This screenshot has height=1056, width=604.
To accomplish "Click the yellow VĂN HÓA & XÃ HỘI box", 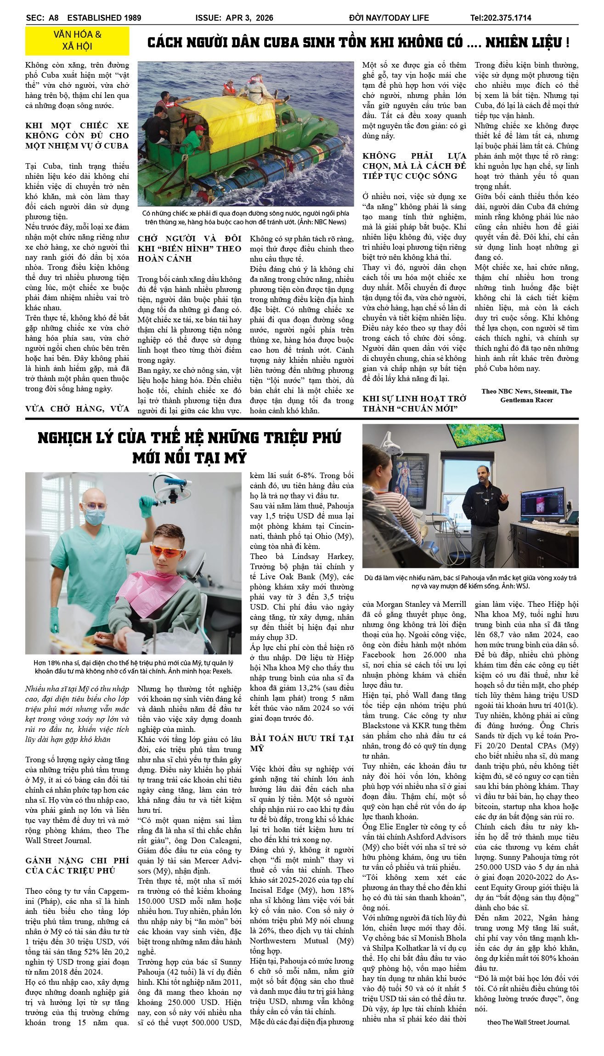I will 77,40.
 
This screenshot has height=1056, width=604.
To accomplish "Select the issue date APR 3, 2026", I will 249,18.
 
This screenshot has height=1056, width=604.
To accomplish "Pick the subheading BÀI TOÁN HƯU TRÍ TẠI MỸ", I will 302,743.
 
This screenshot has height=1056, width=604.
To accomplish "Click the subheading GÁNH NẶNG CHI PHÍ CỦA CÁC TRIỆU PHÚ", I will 77,865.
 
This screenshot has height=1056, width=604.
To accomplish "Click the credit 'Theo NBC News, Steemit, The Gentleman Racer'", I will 526,395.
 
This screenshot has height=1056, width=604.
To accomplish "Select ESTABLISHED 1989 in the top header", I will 104,18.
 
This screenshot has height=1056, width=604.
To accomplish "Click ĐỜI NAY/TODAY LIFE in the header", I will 389,18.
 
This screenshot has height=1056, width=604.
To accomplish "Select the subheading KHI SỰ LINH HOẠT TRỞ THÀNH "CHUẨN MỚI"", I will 414,403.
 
